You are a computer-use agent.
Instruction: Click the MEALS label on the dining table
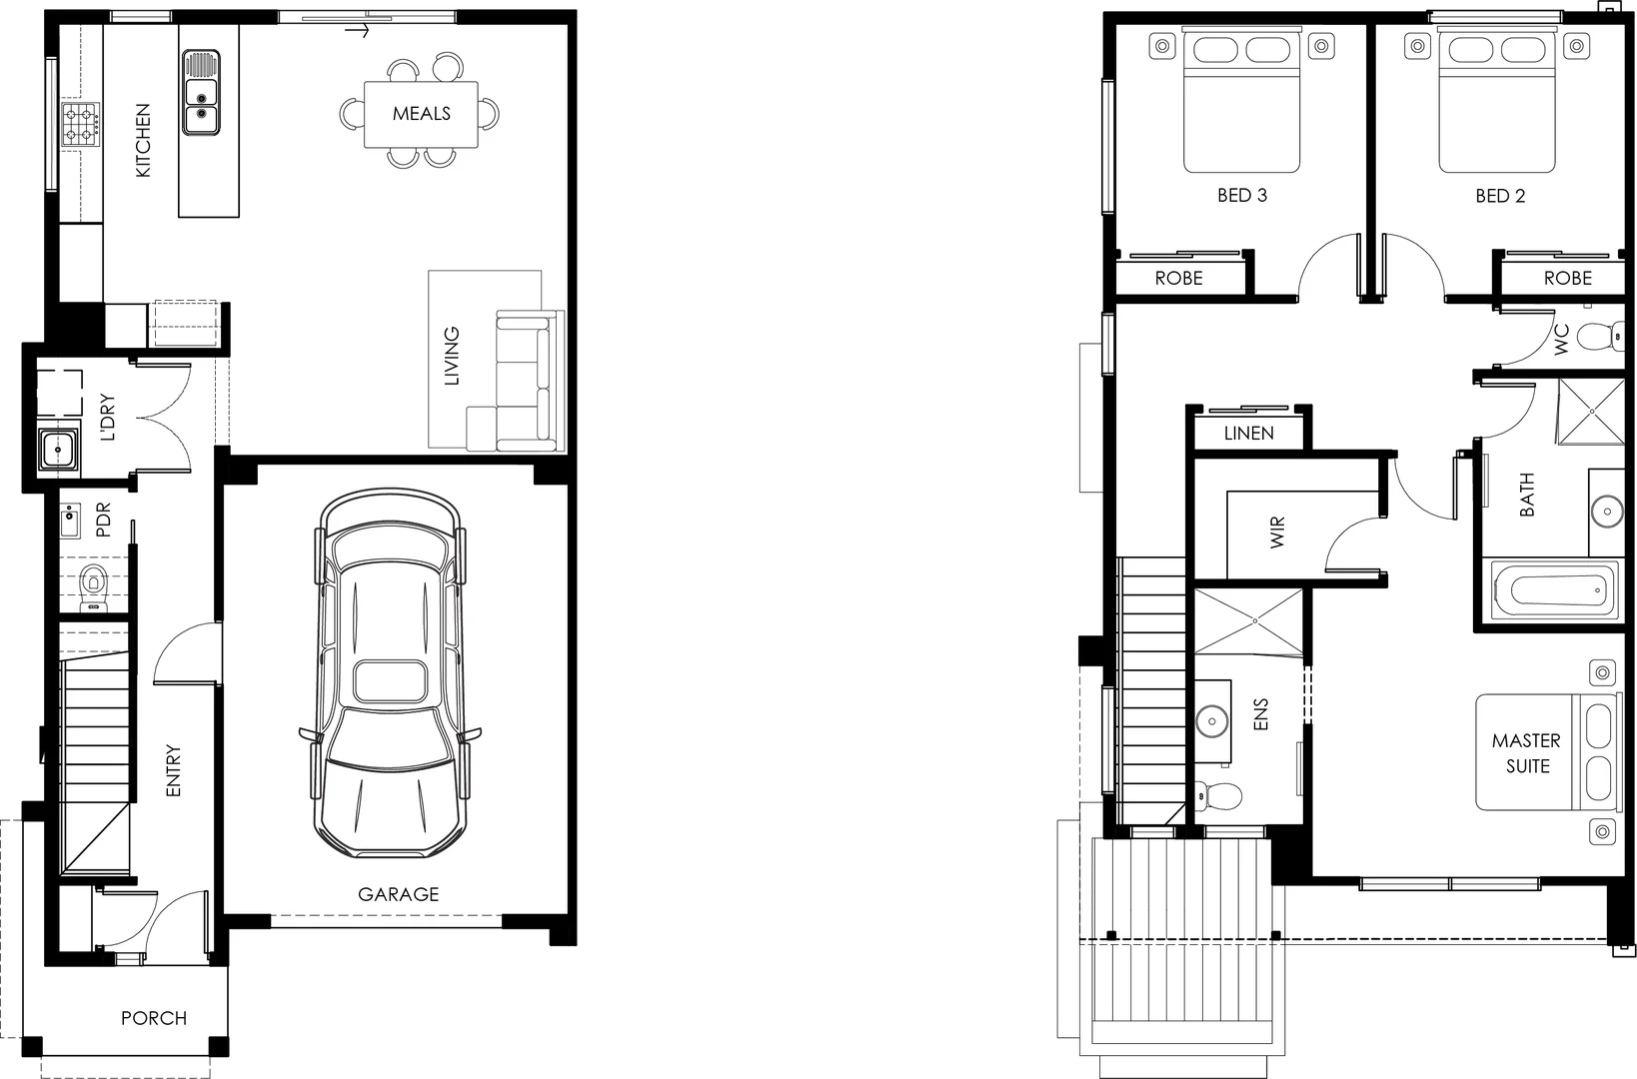click(421, 114)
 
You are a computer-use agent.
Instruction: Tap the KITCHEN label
click(143, 141)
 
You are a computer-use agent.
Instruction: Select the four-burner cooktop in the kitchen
click(80, 125)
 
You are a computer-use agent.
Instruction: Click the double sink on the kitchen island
click(201, 92)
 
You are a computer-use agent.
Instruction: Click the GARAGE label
click(398, 894)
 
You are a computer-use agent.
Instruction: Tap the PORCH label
click(154, 1018)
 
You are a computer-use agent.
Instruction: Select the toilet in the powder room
click(94, 583)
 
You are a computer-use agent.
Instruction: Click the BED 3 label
click(1241, 196)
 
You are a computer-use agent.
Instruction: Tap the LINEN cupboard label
click(1248, 434)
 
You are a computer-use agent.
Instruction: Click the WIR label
click(1277, 533)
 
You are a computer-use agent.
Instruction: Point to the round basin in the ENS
click(1212, 719)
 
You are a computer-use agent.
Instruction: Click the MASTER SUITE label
click(1526, 753)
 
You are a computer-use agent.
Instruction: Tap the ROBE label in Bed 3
click(1178, 279)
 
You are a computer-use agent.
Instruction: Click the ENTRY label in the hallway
click(173, 770)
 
